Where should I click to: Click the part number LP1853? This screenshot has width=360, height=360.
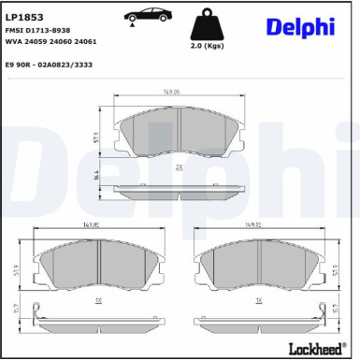(25, 16)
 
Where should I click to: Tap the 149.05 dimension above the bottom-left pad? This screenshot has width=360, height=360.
(91, 224)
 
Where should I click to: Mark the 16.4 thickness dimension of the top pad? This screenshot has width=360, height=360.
(96, 176)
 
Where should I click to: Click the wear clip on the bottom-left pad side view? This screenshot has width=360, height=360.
(35, 312)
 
